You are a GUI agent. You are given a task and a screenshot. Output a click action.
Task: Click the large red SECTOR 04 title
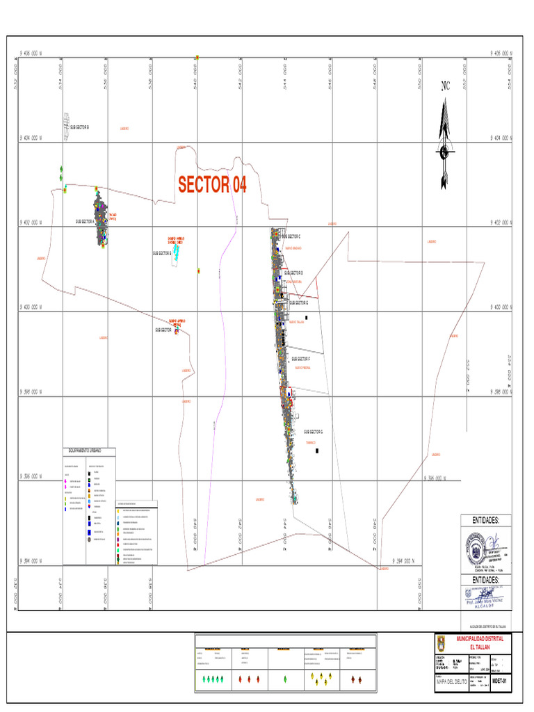(212, 184)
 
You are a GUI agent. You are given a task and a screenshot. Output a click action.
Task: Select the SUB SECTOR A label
(85, 222)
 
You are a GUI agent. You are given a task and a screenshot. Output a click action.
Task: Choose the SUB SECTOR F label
(304, 359)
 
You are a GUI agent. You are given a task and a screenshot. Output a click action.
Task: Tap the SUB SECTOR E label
(298, 303)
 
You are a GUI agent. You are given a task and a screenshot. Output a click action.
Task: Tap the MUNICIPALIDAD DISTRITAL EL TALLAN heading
(484, 642)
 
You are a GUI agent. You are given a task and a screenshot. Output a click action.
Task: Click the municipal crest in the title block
(444, 642)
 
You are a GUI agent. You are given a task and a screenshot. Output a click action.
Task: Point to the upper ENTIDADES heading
(486, 521)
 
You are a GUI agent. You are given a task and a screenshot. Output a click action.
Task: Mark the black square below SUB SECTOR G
(317, 451)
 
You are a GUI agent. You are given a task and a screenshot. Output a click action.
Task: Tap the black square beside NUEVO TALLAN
(307, 316)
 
